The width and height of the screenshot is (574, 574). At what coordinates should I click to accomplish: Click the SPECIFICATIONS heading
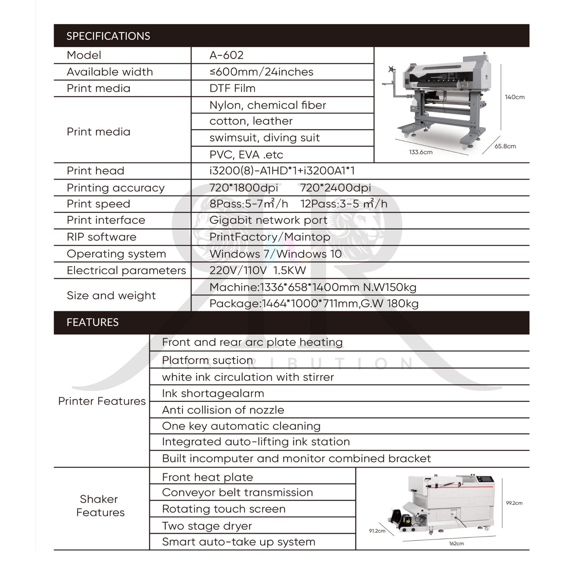(x=108, y=36)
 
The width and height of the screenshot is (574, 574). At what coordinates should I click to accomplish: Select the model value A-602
(x=226, y=55)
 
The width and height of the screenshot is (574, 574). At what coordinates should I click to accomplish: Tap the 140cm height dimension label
(x=514, y=97)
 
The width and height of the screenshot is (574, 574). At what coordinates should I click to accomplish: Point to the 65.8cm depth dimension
(x=505, y=146)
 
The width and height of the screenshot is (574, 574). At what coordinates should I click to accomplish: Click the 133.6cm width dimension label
(x=421, y=152)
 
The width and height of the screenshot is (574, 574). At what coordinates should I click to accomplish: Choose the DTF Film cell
(x=232, y=88)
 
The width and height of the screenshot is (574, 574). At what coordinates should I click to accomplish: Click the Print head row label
(x=95, y=171)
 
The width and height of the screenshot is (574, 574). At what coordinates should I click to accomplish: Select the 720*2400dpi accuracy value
(x=335, y=187)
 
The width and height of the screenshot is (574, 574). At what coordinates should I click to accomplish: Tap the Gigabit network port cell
(x=268, y=220)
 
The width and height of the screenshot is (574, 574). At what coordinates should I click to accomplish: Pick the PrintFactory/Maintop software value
(x=270, y=237)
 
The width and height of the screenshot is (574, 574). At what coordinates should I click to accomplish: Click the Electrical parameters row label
(x=126, y=271)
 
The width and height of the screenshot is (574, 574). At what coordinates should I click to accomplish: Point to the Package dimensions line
(x=314, y=304)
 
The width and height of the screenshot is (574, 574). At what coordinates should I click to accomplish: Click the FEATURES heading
(x=93, y=322)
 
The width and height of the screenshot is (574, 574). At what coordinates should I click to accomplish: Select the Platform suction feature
(x=207, y=360)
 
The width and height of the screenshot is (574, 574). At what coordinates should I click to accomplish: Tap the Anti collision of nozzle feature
(x=223, y=410)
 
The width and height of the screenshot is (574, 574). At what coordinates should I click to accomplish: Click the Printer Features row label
(x=102, y=401)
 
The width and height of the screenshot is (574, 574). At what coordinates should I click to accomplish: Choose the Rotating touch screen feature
(x=224, y=509)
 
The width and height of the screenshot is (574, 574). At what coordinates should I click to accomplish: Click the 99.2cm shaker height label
(x=514, y=503)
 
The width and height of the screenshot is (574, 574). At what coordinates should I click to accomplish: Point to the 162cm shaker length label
(x=456, y=543)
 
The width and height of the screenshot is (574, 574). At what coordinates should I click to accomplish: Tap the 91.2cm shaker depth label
(x=377, y=531)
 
